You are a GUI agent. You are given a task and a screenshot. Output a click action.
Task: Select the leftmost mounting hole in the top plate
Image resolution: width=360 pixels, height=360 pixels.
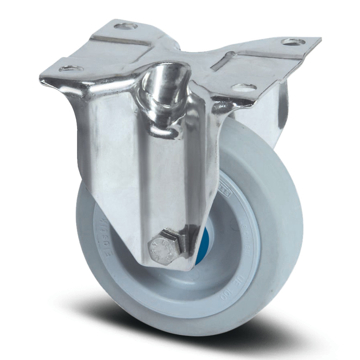[x=71, y=68]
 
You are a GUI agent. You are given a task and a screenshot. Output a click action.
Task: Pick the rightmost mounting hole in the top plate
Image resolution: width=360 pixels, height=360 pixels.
[x=293, y=42]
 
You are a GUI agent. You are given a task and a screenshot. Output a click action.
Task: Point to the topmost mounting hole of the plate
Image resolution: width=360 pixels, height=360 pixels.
[x=126, y=26]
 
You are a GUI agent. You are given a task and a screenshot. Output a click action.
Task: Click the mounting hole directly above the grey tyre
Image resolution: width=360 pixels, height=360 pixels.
[x=244, y=87]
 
